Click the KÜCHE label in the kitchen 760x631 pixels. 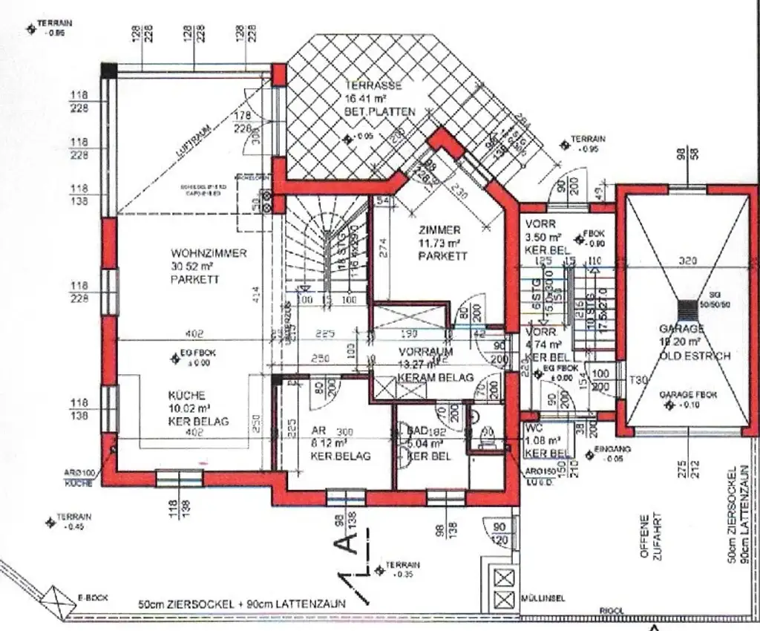coord(186,396)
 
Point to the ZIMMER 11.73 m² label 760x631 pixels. coord(439,230)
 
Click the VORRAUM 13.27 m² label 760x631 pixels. coord(425,352)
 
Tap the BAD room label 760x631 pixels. coord(416,430)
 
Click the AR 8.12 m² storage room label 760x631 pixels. coord(319,431)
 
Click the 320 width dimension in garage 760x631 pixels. coord(687,261)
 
